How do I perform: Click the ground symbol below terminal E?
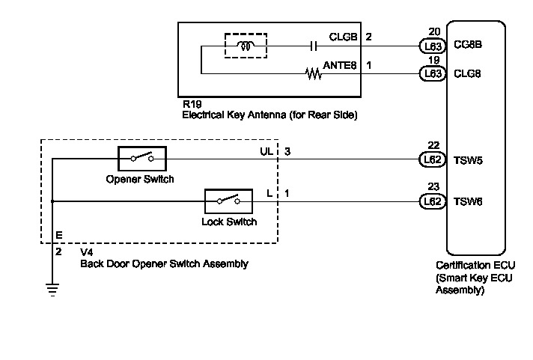pos(52,288)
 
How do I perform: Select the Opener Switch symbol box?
pos(141,159)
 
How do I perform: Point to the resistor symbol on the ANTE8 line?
pos(312,73)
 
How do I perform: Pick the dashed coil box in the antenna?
pos(246,46)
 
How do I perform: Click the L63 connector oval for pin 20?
pos(433,46)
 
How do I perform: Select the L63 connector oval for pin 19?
pos(433,73)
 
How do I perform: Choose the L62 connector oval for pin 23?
pos(433,201)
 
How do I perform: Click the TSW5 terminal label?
pos(468,159)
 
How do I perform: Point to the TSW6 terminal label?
pos(468,202)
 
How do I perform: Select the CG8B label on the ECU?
pos(468,46)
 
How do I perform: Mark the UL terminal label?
pos(265,151)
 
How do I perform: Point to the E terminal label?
pos(58,235)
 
